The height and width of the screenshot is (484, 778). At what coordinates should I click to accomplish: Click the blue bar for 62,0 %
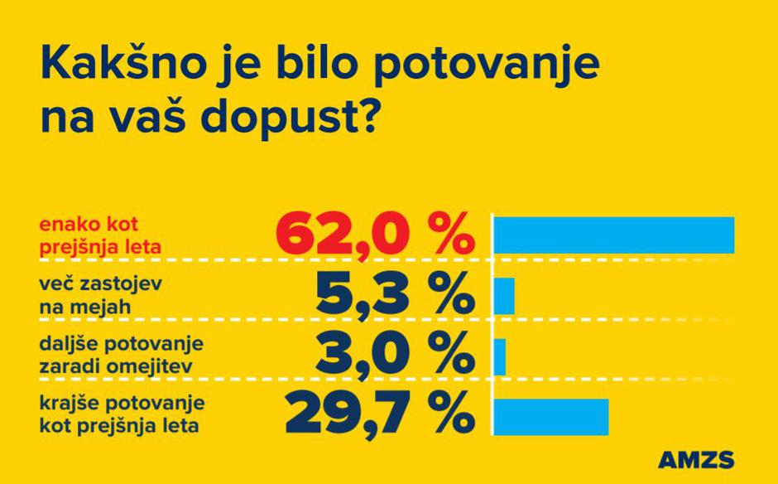(x=613, y=235)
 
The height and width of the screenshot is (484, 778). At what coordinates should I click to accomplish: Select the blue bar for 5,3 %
(x=504, y=296)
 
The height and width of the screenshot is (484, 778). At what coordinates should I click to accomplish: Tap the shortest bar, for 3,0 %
(x=499, y=357)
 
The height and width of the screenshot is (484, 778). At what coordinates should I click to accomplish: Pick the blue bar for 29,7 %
(x=550, y=416)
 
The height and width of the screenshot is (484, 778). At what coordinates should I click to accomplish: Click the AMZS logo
(x=696, y=460)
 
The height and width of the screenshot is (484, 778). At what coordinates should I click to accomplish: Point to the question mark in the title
(x=367, y=116)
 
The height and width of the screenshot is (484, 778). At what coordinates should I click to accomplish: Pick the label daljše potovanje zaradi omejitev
(x=121, y=356)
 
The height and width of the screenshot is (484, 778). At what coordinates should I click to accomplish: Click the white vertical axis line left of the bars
(x=492, y=323)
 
